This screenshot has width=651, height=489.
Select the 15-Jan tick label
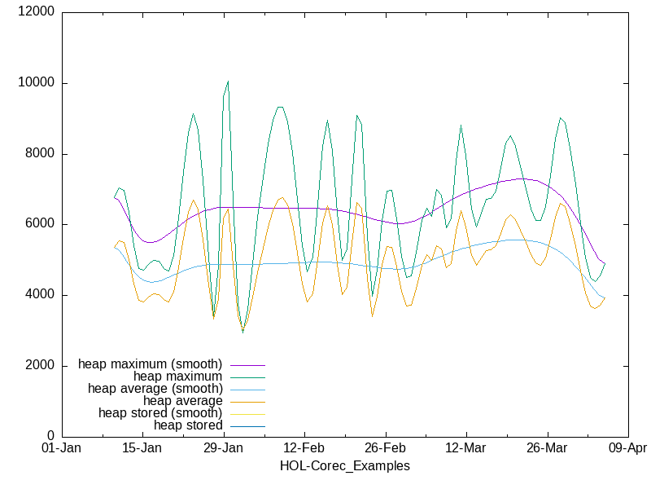pyautogui.click(x=142, y=448)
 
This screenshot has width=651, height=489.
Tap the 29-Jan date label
pyautogui.click(x=223, y=448)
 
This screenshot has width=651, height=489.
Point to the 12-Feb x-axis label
pyautogui.click(x=304, y=448)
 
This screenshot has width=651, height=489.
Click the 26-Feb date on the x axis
pyautogui.click(x=385, y=448)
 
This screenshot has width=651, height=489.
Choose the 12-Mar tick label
pyautogui.click(x=465, y=448)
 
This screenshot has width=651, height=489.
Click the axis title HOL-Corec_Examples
pyautogui.click(x=344, y=466)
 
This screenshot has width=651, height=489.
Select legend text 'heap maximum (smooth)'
pyautogui.click(x=151, y=364)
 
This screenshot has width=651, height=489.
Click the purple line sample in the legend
pyautogui.click(x=248, y=364)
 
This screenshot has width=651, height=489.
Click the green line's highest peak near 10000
pyautogui.click(x=228, y=81)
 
